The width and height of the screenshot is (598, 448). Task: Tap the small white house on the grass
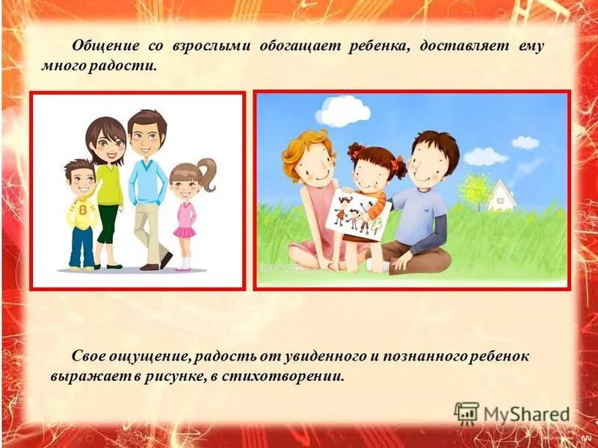pos(502,195)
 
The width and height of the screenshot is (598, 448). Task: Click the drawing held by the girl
pos(354,213)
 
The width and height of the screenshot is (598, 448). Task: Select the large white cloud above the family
pos(343,111)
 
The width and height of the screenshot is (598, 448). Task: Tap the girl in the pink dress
pos(184,217)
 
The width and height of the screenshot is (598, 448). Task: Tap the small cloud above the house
pos(525,142)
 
